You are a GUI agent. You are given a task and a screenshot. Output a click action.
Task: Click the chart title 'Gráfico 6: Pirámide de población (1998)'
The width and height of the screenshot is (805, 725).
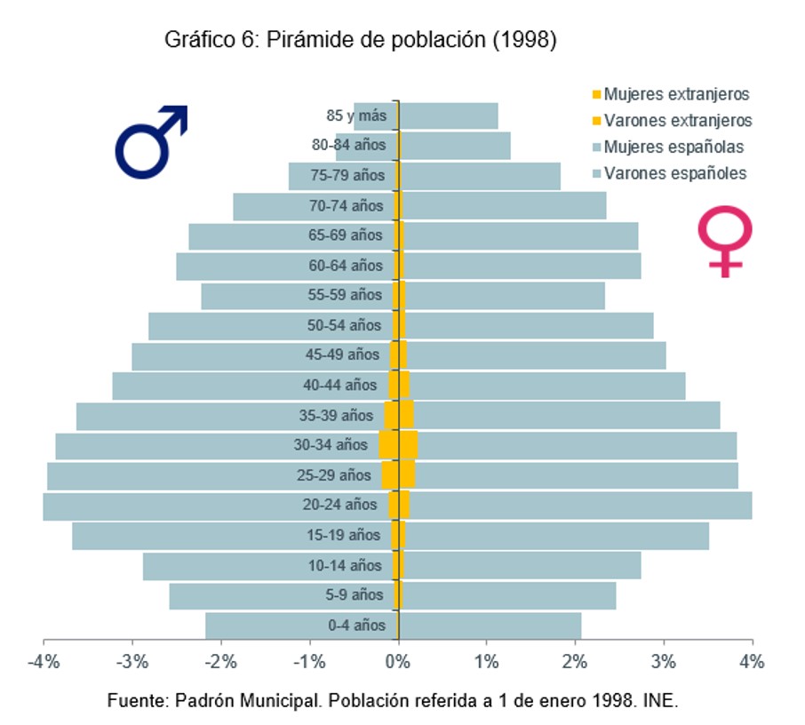click(x=360, y=40)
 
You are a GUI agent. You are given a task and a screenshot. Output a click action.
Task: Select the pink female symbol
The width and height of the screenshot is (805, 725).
click(x=725, y=240)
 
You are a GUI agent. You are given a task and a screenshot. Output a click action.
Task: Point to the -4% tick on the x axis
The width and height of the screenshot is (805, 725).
click(x=44, y=662)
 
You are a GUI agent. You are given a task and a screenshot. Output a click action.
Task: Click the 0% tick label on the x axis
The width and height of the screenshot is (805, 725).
click(x=398, y=662)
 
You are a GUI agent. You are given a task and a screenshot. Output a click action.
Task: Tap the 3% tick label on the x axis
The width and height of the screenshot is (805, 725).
click(x=663, y=662)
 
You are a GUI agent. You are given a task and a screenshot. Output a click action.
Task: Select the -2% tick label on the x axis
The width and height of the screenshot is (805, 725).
click(x=220, y=662)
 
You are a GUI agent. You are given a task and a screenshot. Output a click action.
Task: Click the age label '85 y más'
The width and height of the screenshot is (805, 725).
click(x=356, y=116)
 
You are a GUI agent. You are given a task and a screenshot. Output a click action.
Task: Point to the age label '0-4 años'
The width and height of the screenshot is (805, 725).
click(x=357, y=625)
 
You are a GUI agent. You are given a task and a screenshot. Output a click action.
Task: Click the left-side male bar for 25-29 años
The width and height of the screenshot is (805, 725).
click(x=213, y=475)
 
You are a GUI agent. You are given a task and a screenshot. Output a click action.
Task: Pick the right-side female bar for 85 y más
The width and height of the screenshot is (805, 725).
click(x=449, y=116)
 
